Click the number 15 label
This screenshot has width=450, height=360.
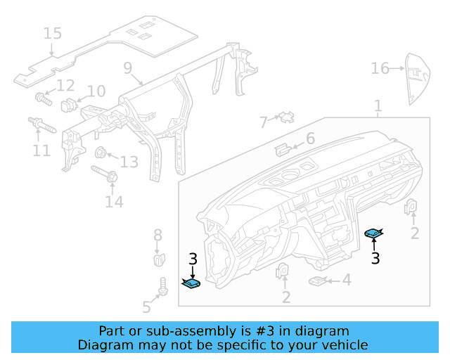53,33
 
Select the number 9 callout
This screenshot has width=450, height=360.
127,67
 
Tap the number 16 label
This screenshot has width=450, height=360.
380,68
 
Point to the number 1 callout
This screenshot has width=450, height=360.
378,106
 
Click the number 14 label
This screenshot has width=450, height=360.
114,202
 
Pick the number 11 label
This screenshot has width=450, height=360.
41,150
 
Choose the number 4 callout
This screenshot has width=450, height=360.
346,281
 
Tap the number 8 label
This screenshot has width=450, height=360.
157,235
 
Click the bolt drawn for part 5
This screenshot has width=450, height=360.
162,285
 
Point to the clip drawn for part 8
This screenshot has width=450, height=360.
160,258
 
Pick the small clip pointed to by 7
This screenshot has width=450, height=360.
285,117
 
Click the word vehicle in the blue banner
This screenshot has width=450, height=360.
343,345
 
